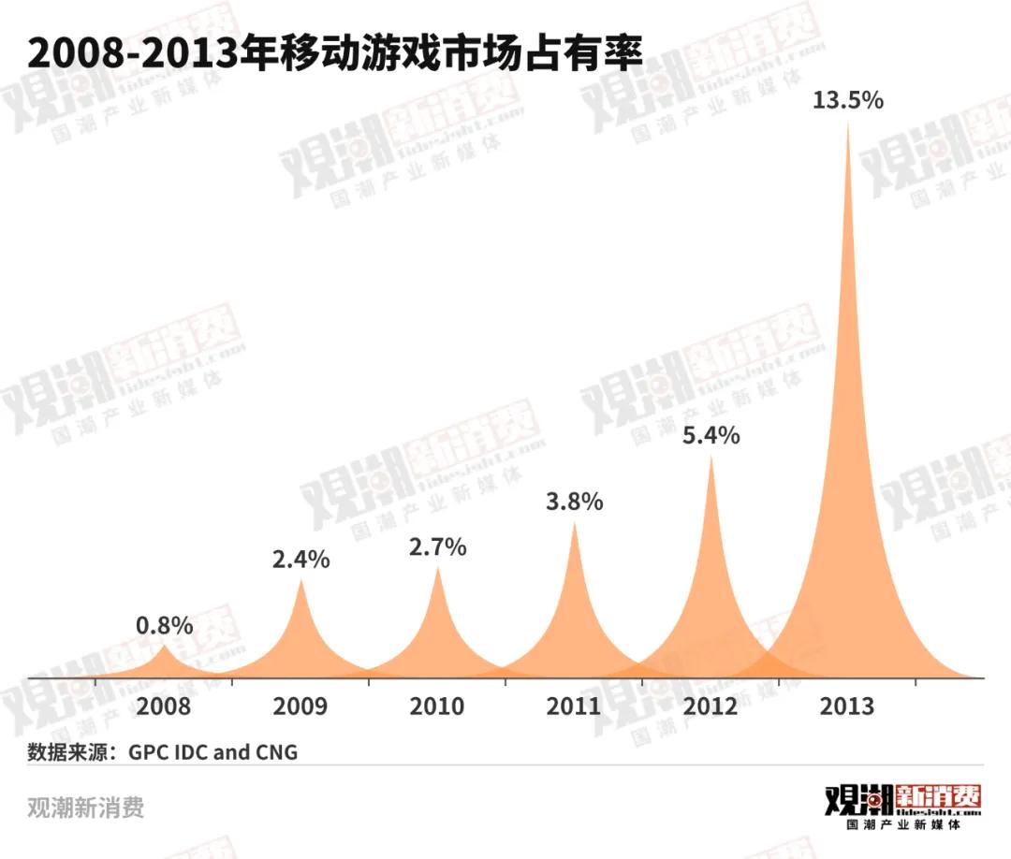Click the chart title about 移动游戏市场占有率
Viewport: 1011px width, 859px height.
point(335,53)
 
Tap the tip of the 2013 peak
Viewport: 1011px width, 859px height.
point(848,124)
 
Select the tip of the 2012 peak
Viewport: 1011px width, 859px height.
point(711,457)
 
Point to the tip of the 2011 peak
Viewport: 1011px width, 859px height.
point(575,522)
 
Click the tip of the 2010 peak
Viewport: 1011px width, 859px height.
point(438,567)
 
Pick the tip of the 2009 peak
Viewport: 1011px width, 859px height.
point(301,580)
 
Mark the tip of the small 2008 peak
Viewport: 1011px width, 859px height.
point(165,646)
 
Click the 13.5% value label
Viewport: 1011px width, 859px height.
point(848,100)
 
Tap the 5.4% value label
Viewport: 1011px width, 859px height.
point(711,435)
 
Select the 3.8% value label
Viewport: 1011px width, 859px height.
point(575,502)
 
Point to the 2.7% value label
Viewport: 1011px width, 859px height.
point(438,546)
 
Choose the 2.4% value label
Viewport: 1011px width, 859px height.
point(301,560)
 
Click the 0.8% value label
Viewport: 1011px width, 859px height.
point(165,625)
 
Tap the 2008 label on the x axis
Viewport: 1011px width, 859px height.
point(164,706)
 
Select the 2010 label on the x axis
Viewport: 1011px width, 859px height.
point(437,706)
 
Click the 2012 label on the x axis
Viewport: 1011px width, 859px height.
point(711,706)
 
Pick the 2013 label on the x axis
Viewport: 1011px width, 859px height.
point(847,706)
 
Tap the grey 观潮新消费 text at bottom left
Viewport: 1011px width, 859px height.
point(86,807)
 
